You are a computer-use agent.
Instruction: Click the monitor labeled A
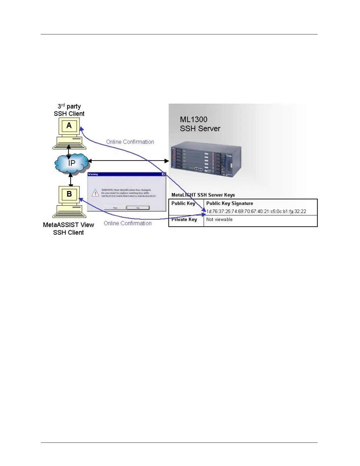[x=69, y=126]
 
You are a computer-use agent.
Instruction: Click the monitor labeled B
[x=69, y=194]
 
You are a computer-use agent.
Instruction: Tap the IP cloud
[x=71, y=163]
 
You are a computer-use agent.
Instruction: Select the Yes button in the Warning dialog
[x=115, y=208]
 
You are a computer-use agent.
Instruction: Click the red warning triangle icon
[x=95, y=193]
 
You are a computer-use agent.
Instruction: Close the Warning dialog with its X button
[x=164, y=174]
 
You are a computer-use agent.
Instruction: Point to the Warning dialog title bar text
[x=93, y=174]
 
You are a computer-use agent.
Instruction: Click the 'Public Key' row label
[x=183, y=203]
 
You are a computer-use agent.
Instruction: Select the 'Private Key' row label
[x=184, y=219]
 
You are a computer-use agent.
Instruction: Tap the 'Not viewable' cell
[x=219, y=219]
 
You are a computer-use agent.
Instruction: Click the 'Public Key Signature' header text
[x=229, y=203]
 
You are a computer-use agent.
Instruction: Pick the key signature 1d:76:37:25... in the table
[x=256, y=211]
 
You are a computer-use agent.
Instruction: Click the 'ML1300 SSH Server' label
[x=200, y=124]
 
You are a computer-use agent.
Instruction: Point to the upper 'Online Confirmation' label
[x=130, y=142]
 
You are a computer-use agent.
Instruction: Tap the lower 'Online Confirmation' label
[x=128, y=223]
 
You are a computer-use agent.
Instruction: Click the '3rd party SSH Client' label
[x=69, y=110]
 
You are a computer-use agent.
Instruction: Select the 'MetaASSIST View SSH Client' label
[x=69, y=229]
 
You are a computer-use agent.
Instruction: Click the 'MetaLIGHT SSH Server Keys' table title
[x=203, y=195]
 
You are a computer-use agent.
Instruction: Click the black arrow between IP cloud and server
[x=129, y=161]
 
